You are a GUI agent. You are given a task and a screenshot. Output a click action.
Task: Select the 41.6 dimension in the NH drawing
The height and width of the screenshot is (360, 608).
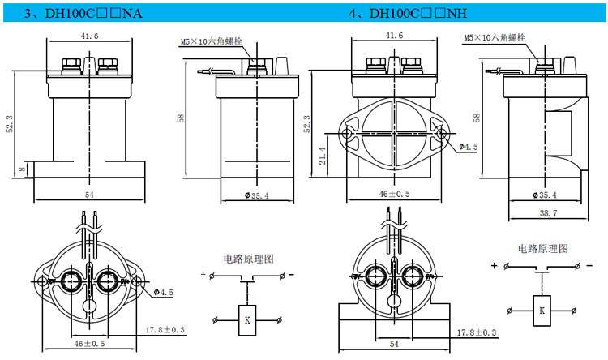tap(395, 36)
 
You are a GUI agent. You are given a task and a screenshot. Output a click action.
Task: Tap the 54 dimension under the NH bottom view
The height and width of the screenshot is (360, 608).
tap(393, 345)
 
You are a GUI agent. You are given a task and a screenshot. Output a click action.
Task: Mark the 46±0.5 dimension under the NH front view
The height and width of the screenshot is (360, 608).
tap(395, 195)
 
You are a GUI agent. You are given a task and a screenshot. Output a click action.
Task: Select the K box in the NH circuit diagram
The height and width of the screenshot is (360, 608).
tap(542, 310)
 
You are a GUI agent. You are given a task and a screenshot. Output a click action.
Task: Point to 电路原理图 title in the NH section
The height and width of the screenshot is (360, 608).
tap(542, 248)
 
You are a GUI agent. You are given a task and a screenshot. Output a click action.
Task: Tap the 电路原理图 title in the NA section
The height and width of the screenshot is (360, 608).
tap(248, 259)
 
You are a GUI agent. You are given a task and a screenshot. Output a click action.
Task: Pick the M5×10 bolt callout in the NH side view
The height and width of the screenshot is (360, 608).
tap(495, 37)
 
